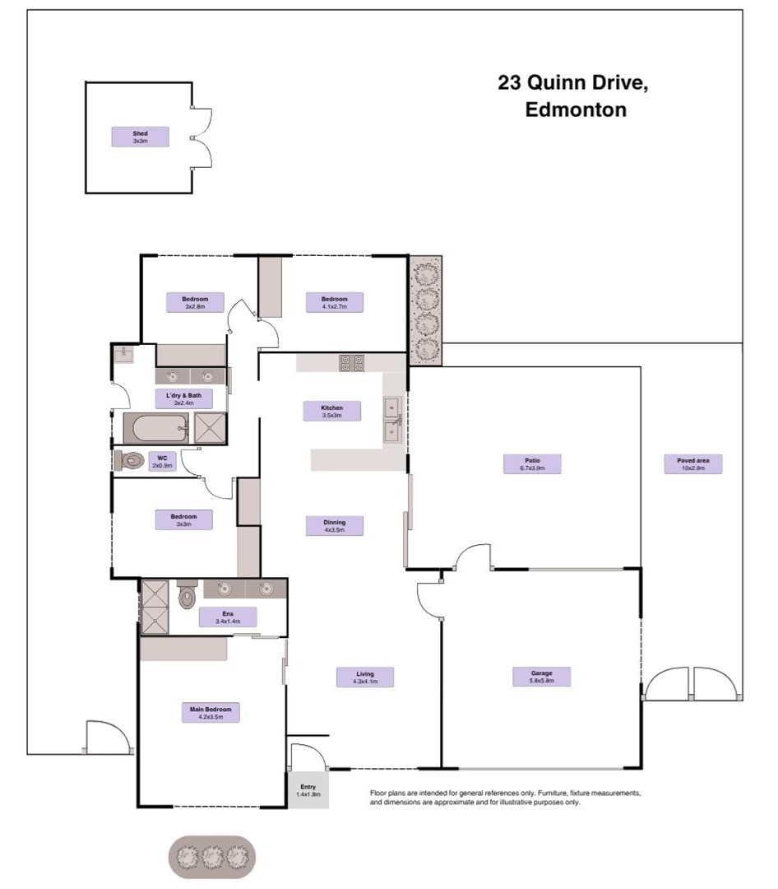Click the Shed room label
pyautogui.click(x=140, y=137)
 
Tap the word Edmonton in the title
pyautogui.click(x=576, y=109)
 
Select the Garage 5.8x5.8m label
pyautogui.click(x=540, y=677)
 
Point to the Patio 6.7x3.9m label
pyautogui.click(x=532, y=463)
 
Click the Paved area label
pyautogui.click(x=692, y=463)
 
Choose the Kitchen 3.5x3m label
pyautogui.click(x=331, y=411)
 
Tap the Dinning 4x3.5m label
pyautogui.click(x=334, y=525)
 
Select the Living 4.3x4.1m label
pyautogui.click(x=364, y=677)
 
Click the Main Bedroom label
pyautogui.click(x=210, y=713)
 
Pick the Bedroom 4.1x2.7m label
pyautogui.click(x=334, y=302)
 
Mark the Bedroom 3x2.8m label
pyautogui.click(x=195, y=302)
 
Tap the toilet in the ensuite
pyautogui.click(x=188, y=593)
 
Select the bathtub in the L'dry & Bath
pyautogui.click(x=155, y=428)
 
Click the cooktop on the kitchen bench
pyautogui.click(x=352, y=362)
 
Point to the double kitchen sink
pyautogui.click(x=393, y=418)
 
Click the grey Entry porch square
pyautogui.click(x=308, y=790)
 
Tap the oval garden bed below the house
pyautogui.click(x=213, y=858)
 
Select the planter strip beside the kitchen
pyautogui.click(x=426, y=310)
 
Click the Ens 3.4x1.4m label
pyautogui.click(x=228, y=617)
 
